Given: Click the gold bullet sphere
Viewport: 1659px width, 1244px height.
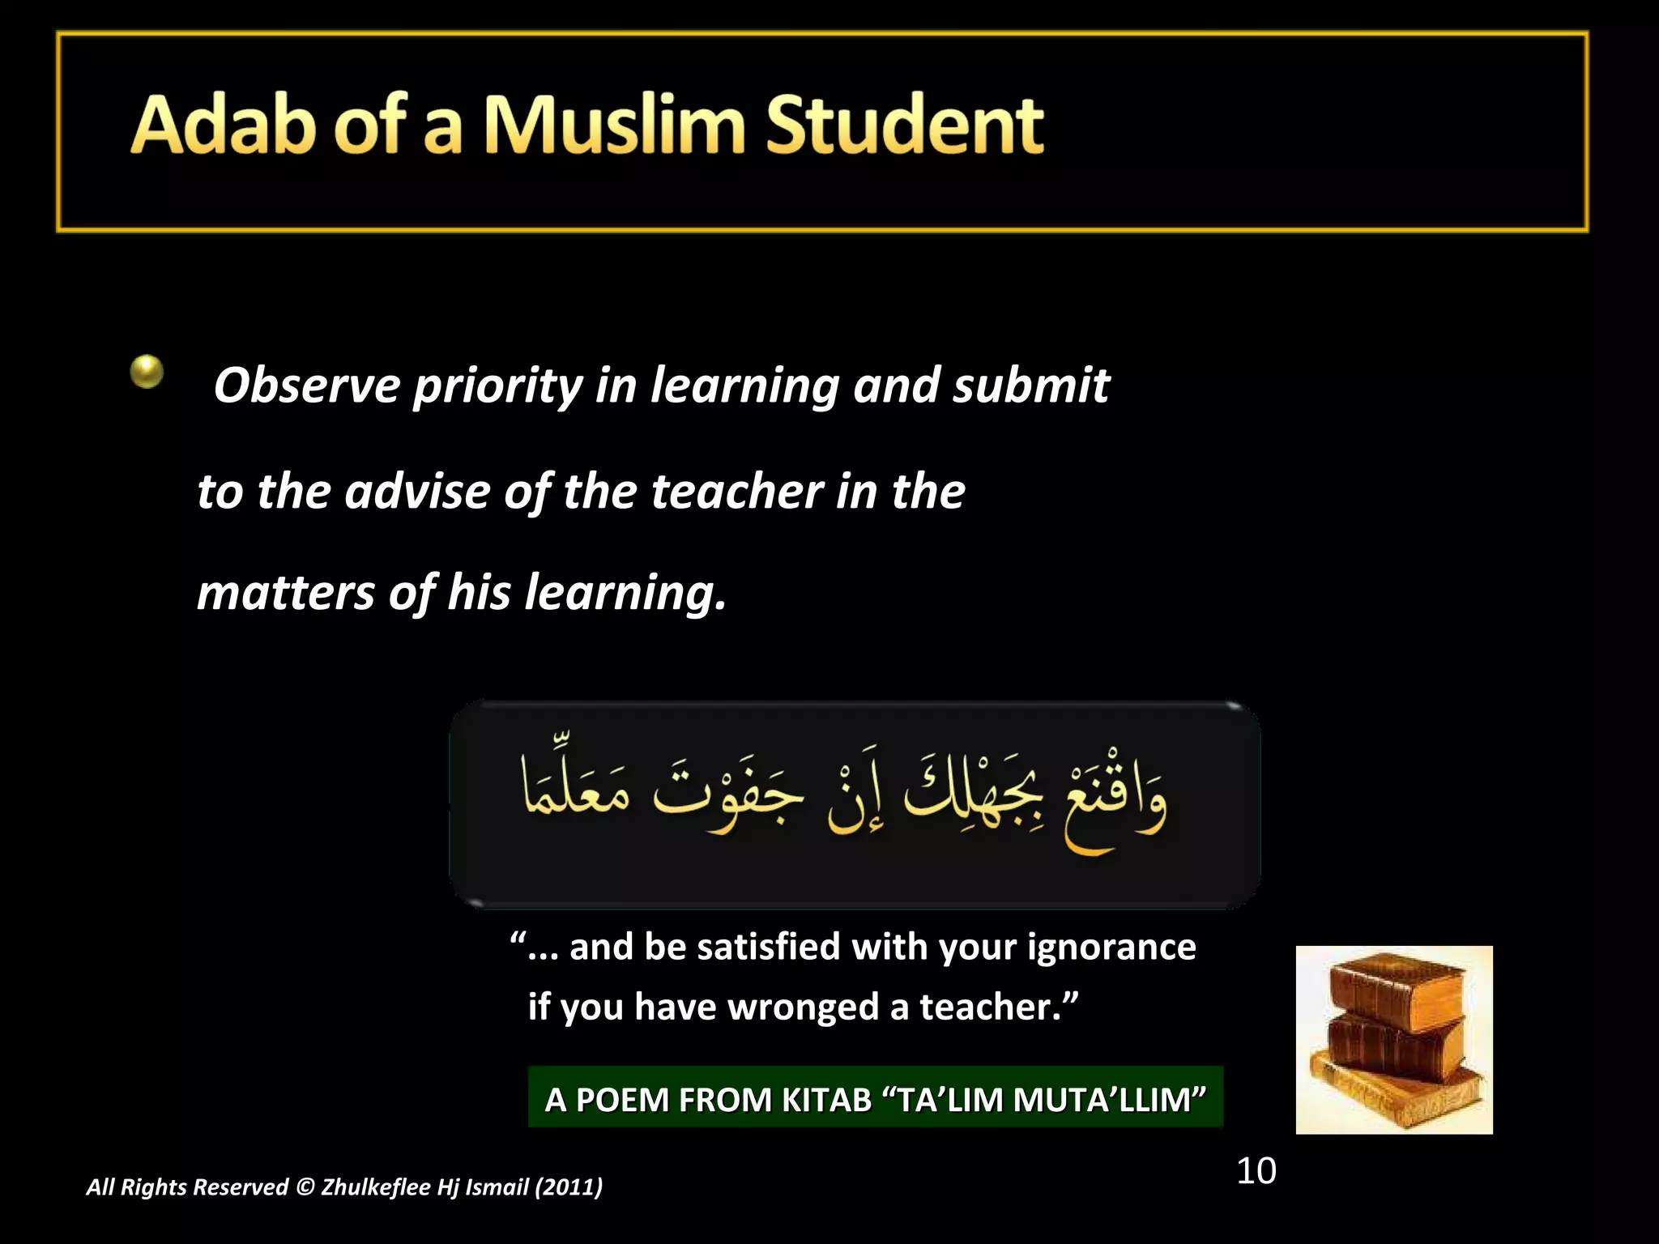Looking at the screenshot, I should pos(147,372).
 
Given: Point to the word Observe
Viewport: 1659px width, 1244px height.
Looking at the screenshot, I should pos(306,385).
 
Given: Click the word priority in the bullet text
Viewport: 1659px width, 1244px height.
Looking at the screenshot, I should pos(497,386).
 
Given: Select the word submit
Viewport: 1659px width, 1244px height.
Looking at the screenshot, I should pos(1030,385).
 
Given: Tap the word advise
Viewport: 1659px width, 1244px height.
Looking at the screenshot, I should pos(416,491).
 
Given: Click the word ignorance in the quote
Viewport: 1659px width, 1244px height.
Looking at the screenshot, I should pos(1111,947).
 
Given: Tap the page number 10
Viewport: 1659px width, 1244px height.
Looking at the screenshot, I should pos(1256,1171).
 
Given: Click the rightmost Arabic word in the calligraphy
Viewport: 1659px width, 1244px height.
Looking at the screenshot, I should pos(1114,806).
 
